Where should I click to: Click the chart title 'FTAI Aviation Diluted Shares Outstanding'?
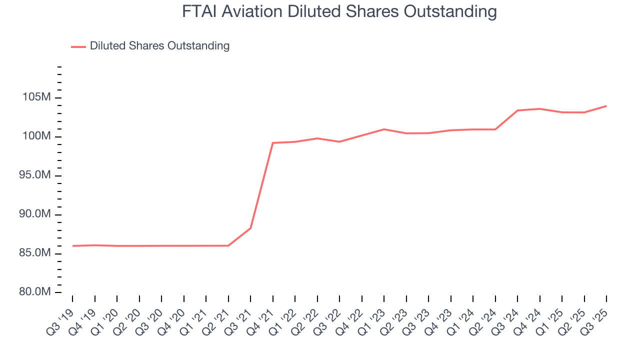(x=339, y=11)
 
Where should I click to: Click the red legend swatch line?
(x=78, y=46)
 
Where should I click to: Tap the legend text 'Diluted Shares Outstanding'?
(x=159, y=46)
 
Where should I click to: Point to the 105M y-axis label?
(x=37, y=97)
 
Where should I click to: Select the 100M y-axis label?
(x=37, y=136)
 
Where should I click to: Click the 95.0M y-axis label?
(x=34, y=175)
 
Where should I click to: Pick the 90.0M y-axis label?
(x=34, y=214)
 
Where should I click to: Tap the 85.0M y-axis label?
(x=34, y=253)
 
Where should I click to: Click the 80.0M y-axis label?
(x=34, y=292)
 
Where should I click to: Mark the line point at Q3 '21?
(x=250, y=228)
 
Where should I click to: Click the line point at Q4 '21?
(x=273, y=143)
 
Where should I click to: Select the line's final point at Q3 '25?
(x=606, y=106)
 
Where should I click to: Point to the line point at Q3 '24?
(x=517, y=110)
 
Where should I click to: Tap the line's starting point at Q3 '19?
(x=73, y=246)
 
